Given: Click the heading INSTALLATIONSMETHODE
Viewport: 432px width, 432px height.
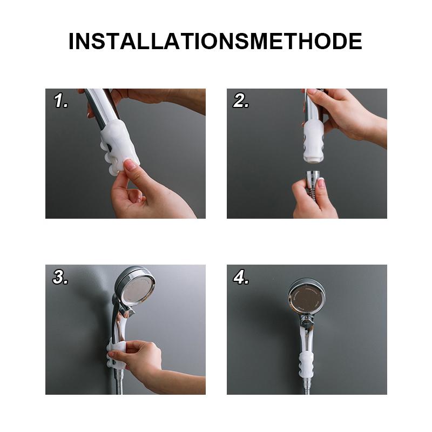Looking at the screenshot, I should pyautogui.click(x=215, y=42).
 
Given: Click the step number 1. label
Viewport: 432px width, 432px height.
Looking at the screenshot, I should pyautogui.click(x=61, y=101).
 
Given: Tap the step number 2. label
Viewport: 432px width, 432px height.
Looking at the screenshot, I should pyautogui.click(x=241, y=101).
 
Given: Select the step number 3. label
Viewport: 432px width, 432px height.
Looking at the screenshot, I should pyautogui.click(x=60, y=277).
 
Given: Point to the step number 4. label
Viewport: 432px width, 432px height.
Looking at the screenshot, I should pyautogui.click(x=241, y=277).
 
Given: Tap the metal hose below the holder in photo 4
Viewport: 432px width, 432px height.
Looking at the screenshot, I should pyautogui.click(x=307, y=384).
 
